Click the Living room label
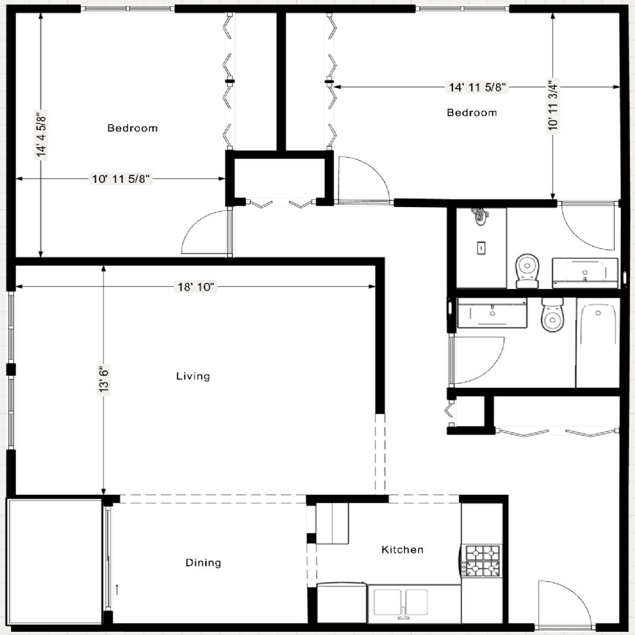193,376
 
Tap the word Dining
203,562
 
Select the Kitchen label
402,549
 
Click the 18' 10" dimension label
195,286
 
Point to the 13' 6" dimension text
104,379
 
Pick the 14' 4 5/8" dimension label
42,135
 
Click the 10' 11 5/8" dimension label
121,179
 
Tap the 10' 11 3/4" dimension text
553,105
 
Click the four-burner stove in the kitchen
482,561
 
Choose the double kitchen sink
401,603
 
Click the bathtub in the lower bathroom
598,342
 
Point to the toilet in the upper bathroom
527,271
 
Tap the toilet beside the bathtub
553,314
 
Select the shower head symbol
480,216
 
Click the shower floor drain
481,247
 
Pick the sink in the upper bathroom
585,273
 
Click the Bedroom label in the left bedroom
133,128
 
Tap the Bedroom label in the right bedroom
472,113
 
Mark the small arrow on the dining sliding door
117,589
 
